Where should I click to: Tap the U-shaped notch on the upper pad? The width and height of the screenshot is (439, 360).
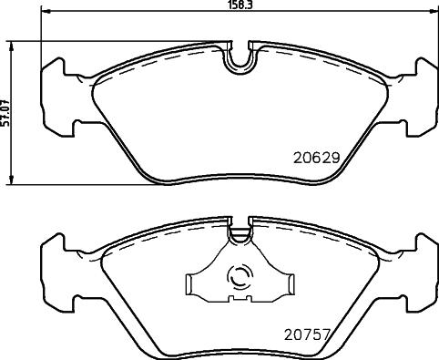coord(240,57)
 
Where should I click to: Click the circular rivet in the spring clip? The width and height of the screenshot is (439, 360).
coord(240,278)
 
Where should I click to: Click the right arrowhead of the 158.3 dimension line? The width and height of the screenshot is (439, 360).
coord(434,14)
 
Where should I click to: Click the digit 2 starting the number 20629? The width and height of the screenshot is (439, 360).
coord(297,157)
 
